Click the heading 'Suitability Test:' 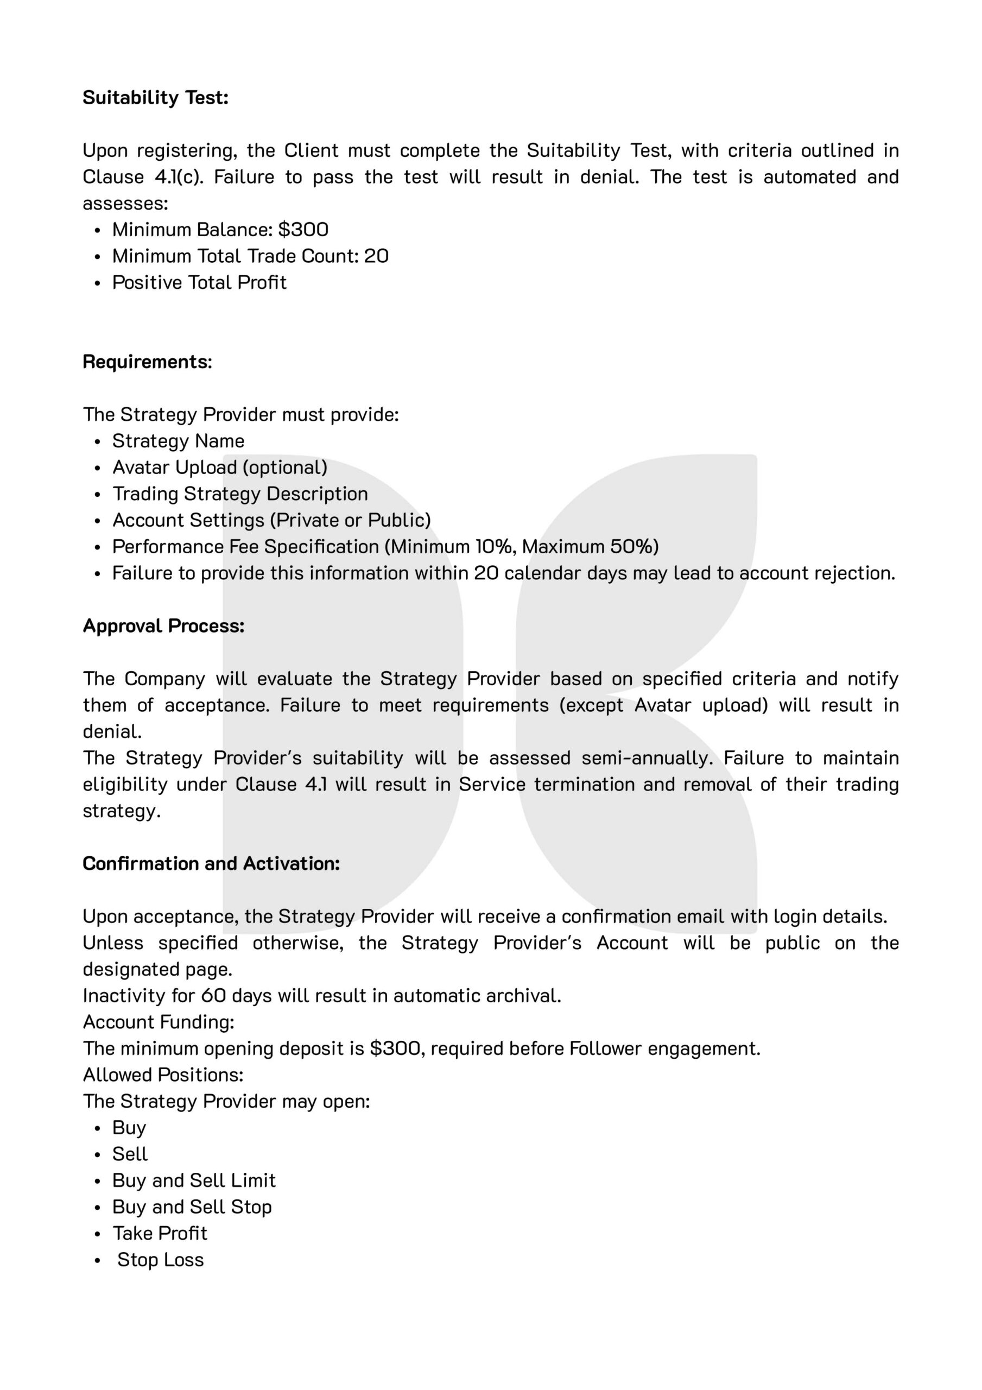156,98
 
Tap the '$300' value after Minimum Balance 303,230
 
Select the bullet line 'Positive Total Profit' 199,283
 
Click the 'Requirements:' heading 147,362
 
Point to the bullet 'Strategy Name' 178,441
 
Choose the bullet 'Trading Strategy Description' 240,494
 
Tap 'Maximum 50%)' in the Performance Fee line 590,547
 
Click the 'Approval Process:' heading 163,626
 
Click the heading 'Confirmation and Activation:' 211,863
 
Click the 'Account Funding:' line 159,1022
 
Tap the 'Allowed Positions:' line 163,1075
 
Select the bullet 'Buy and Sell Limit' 194,1180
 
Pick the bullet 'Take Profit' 160,1233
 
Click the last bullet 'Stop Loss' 161,1260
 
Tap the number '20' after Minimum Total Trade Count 376,256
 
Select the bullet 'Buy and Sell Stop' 192,1207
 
